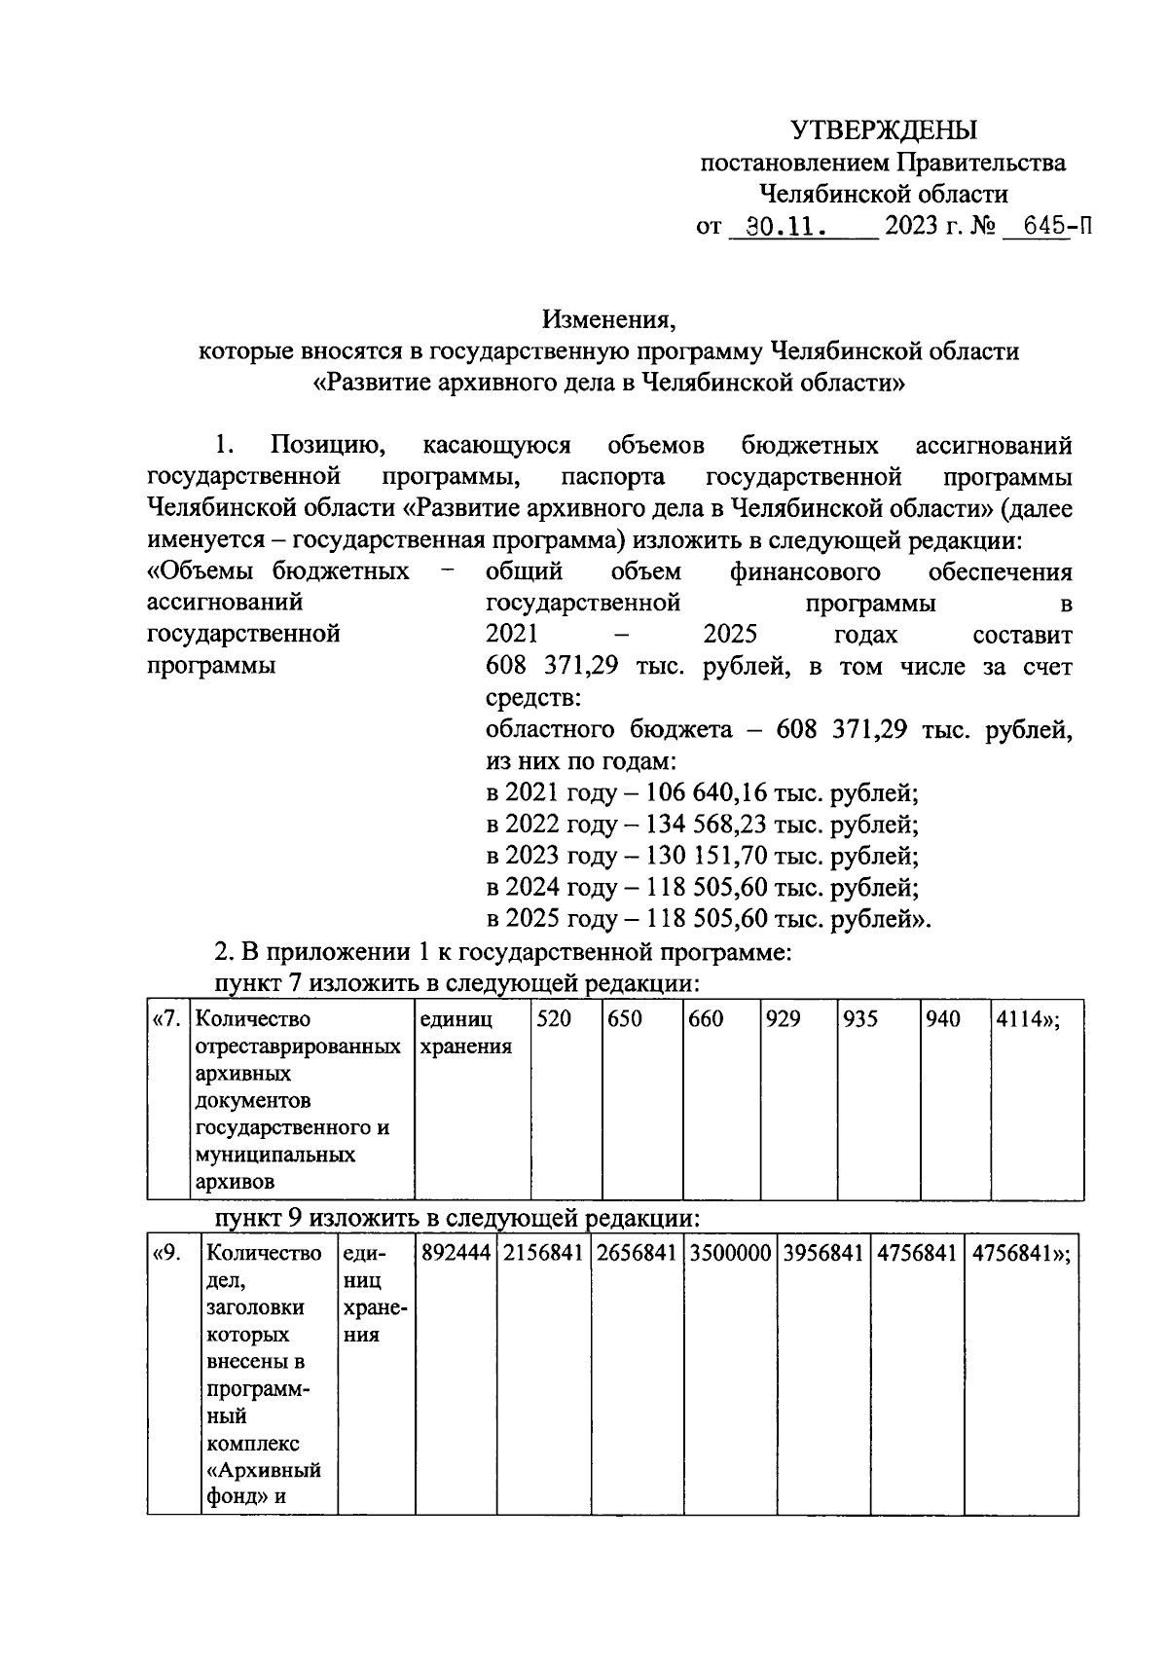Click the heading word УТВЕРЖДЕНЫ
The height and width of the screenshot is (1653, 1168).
[x=884, y=129]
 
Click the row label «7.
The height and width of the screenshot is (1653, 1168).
[x=166, y=1019]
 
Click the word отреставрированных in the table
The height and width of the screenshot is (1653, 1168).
[x=299, y=1047]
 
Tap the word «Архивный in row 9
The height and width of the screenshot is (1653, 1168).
[x=265, y=1470]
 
